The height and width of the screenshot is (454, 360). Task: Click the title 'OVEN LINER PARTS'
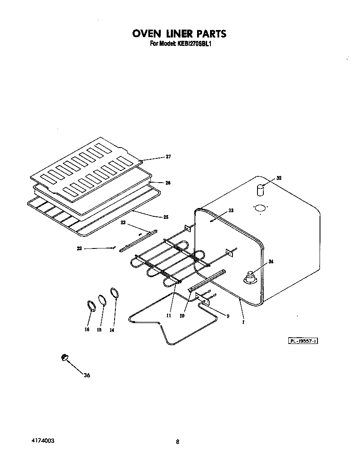point(179,34)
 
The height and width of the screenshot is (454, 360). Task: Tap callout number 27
point(169,157)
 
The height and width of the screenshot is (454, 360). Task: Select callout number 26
point(168,183)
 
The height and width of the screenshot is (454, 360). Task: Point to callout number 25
point(166,217)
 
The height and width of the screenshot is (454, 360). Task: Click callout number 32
point(279,178)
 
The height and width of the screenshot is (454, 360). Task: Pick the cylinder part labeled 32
point(260,190)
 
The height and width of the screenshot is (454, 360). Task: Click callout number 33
point(230,211)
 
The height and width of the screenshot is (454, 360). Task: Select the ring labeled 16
point(91,306)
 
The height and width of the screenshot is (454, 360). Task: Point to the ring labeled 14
point(115,293)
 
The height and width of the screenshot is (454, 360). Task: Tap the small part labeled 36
point(65,357)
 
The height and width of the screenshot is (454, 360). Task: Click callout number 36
point(87,375)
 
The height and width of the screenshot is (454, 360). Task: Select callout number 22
point(79,248)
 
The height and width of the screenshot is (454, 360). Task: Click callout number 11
point(169,316)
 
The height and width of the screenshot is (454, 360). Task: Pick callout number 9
point(228,316)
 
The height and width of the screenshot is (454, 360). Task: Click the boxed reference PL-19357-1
point(303,341)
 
